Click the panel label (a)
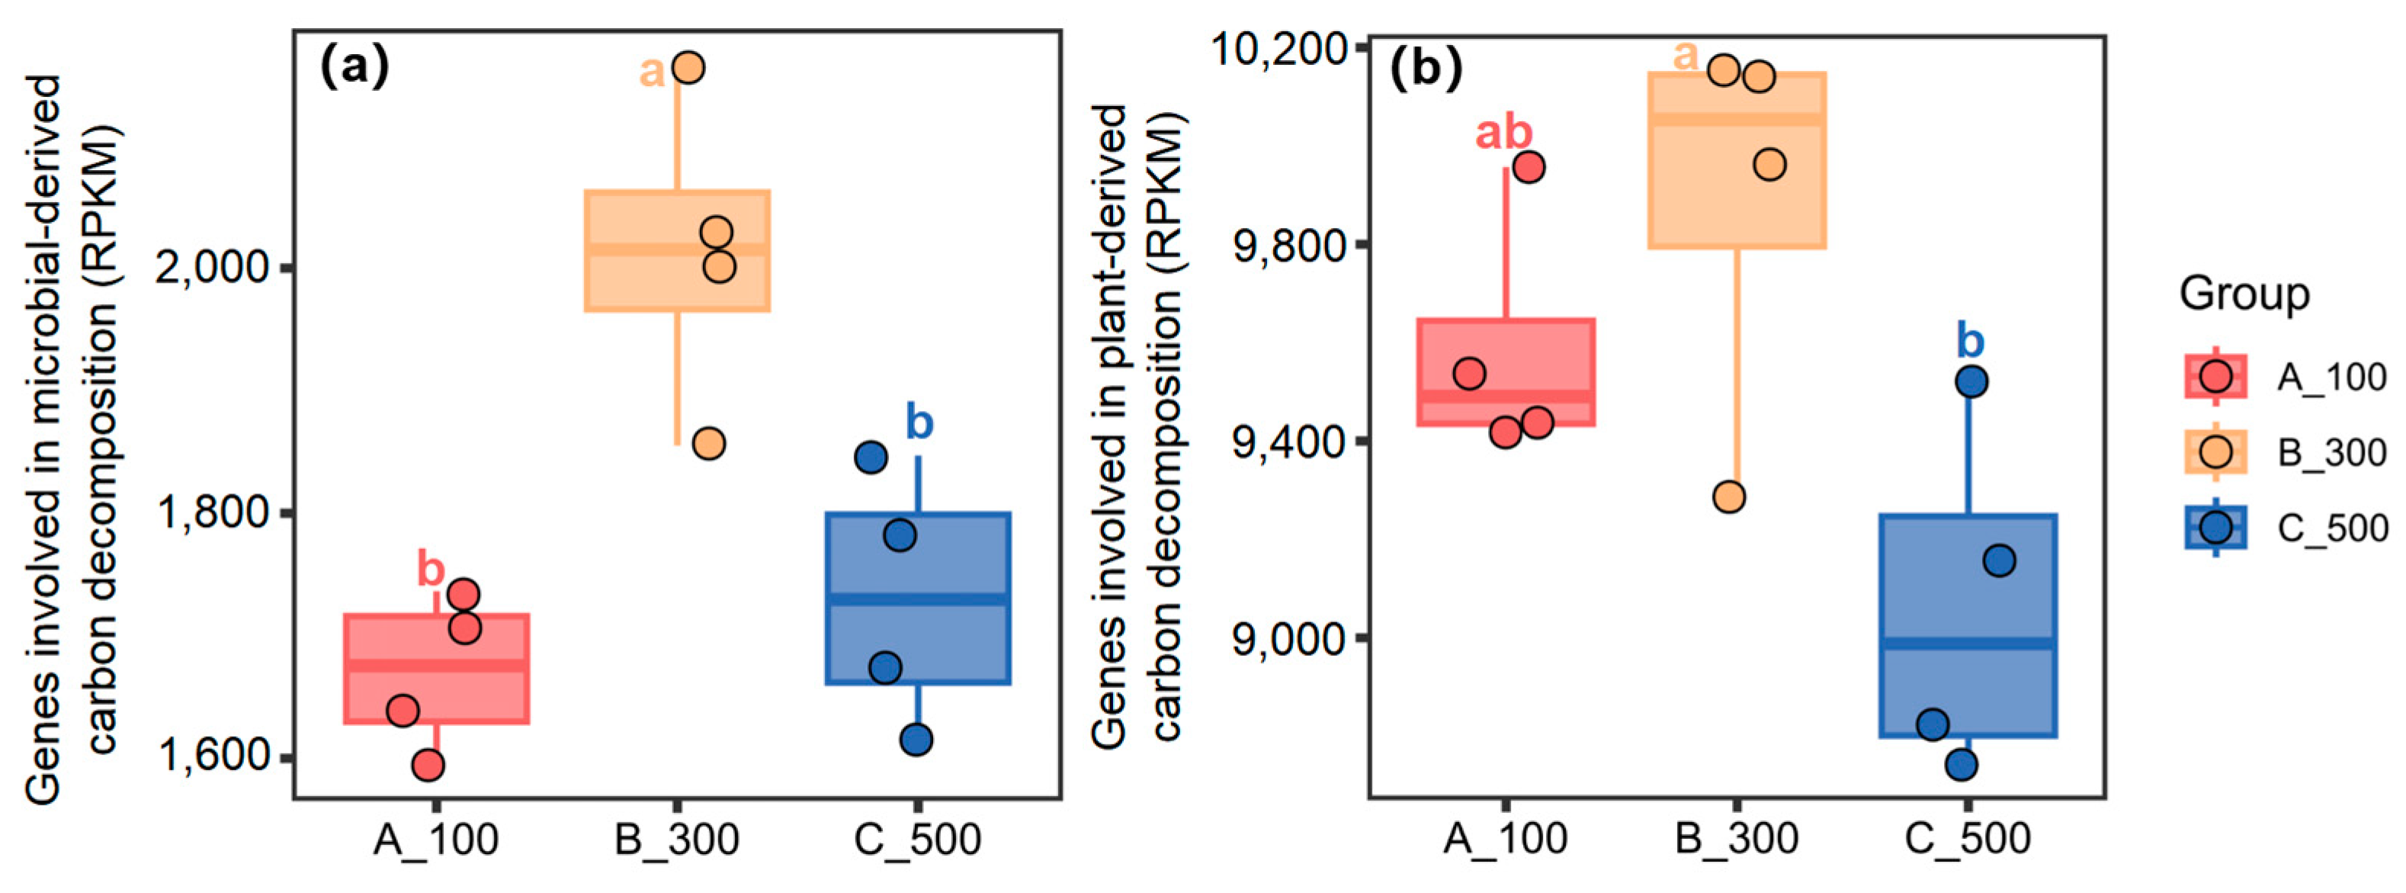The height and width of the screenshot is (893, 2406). click(x=354, y=67)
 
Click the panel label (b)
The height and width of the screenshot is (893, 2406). click(x=1426, y=69)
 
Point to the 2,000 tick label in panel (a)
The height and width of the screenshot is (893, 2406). click(x=212, y=268)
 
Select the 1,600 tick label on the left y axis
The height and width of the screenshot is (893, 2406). click(x=212, y=756)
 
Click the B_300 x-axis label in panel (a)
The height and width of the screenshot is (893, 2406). click(x=676, y=840)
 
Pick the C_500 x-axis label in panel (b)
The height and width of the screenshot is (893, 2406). click(x=1967, y=838)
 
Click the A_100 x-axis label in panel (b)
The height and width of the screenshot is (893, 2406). click(x=1505, y=838)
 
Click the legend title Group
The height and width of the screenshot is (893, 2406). click(x=2244, y=294)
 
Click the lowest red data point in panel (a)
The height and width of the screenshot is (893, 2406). click(x=428, y=766)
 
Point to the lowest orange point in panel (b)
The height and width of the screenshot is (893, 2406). click(x=1729, y=497)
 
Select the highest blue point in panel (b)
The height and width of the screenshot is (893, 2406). click(x=1971, y=381)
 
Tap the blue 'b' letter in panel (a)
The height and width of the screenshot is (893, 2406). click(x=919, y=423)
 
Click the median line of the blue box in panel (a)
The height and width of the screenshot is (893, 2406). click(x=917, y=599)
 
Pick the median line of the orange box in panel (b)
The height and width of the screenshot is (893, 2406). click(x=1737, y=120)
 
